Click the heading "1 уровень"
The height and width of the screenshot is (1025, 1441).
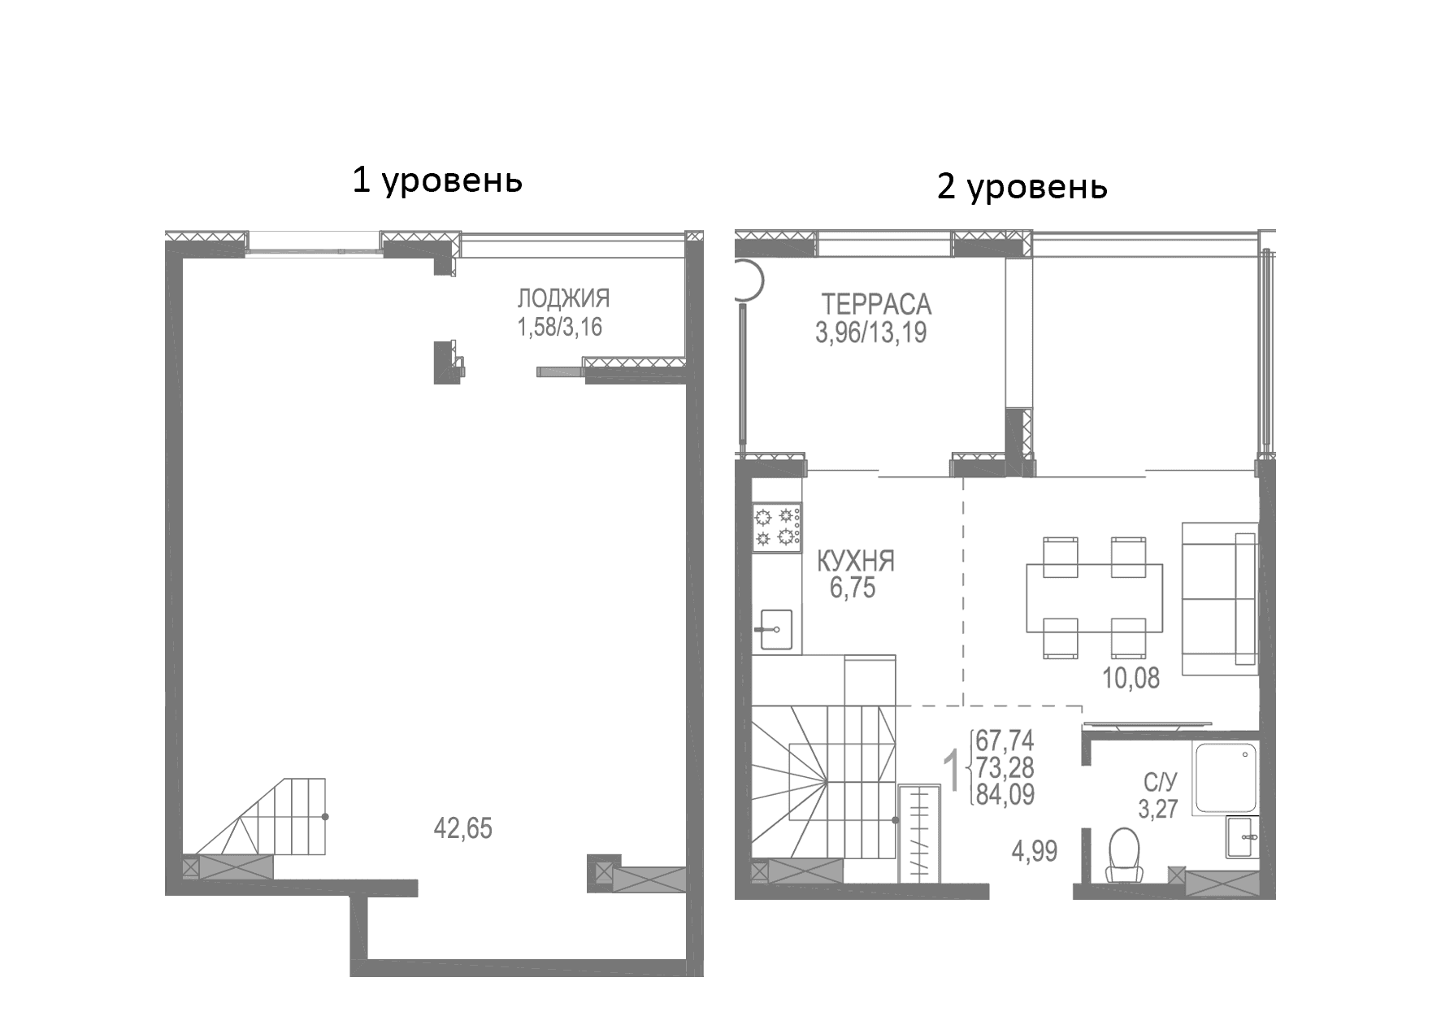point(436,180)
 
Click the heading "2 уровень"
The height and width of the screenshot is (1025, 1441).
point(1022,186)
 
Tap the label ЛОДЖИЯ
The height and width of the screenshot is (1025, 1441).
point(563,299)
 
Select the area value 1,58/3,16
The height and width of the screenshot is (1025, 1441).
point(560,328)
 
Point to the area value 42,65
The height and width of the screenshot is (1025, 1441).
point(463,829)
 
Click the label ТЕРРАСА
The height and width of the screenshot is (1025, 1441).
point(876,305)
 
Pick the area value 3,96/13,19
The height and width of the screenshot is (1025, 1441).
point(871,333)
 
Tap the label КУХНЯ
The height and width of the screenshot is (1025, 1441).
point(855,561)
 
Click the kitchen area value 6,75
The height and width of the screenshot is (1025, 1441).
point(853,589)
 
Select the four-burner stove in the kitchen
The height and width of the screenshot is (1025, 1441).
point(777,527)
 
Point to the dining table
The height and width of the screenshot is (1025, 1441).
point(1094,597)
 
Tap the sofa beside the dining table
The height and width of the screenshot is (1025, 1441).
point(1219,597)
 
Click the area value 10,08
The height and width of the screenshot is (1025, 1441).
point(1131,678)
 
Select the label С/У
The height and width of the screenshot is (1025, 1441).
point(1160,782)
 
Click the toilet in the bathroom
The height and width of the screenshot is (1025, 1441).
point(1125,855)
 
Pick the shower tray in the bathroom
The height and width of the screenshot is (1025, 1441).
point(1225,777)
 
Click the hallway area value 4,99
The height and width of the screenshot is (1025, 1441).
point(1034,852)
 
